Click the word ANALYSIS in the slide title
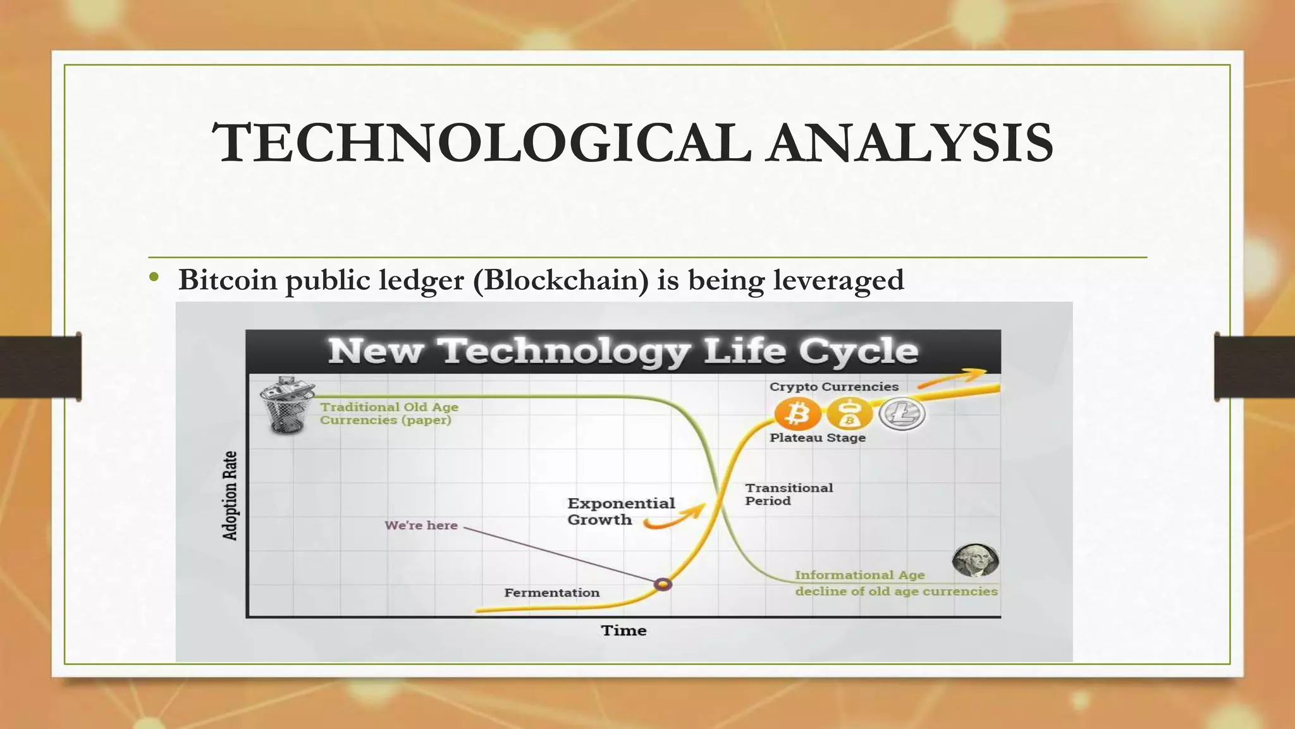point(911,142)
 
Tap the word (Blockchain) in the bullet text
point(561,280)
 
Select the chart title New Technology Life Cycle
point(623,351)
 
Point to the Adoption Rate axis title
point(230,495)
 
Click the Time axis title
point(623,630)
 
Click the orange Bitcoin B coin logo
point(798,414)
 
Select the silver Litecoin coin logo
point(902,414)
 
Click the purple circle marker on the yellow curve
point(663,584)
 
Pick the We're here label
point(421,525)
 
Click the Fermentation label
point(552,593)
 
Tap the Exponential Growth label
point(620,511)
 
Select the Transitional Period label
point(789,494)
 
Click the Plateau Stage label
point(818,438)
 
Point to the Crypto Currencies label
point(833,387)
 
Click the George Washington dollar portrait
point(975,560)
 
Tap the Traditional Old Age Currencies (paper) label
point(389,413)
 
